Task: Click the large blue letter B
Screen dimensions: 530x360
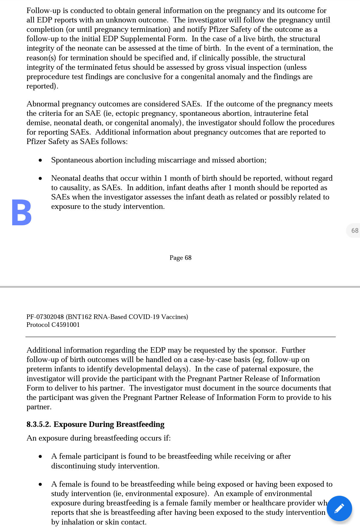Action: [x=22, y=212]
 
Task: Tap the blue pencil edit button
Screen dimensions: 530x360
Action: [x=339, y=508]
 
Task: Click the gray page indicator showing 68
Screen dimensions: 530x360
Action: [x=354, y=230]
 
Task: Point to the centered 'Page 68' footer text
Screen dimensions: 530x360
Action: [x=180, y=258]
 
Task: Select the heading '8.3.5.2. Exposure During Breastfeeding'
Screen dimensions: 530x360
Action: [x=95, y=424]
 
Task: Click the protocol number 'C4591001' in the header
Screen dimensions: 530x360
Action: [x=66, y=325]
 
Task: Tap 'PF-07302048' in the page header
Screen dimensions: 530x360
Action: [x=45, y=317]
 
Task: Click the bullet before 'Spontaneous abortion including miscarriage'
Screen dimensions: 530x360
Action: [x=40, y=160]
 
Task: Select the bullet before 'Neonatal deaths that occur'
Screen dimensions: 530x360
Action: [x=40, y=178]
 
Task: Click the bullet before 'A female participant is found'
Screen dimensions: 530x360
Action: [x=40, y=456]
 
